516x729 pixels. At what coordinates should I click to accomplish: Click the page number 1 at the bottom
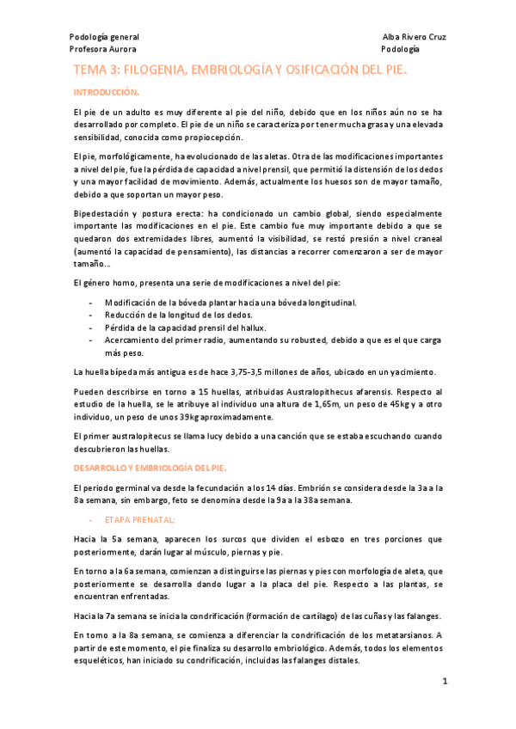coord(445,681)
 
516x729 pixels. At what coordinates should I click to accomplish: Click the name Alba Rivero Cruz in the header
coord(414,38)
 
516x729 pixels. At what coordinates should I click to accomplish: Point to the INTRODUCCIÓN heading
coord(106,91)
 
